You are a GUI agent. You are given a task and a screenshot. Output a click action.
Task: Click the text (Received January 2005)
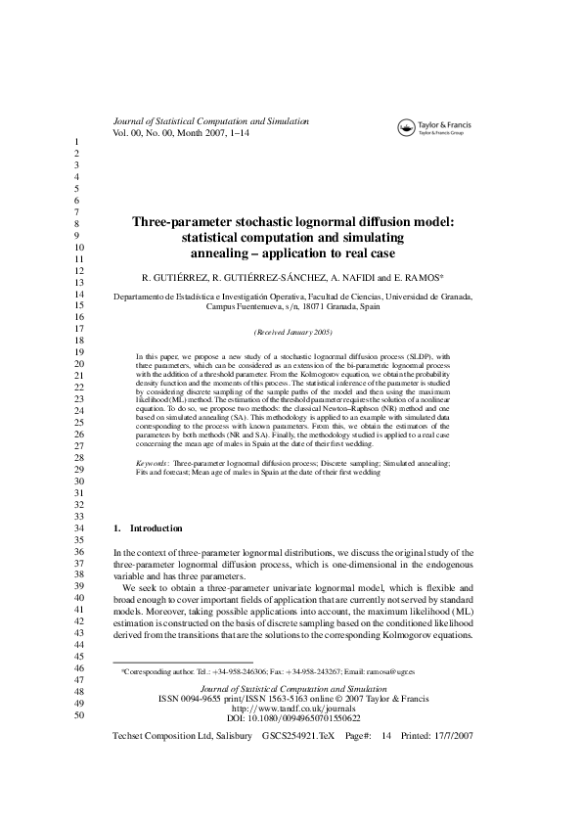[x=291, y=332]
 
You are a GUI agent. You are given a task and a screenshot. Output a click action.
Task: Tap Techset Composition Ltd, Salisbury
[x=180, y=735]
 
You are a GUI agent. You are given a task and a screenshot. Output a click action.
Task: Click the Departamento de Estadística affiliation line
[x=292, y=296]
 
